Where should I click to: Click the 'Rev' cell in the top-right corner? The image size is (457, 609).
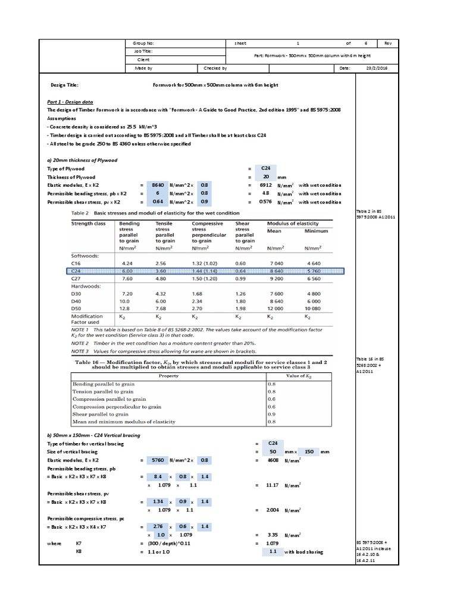pyautogui.click(x=387, y=43)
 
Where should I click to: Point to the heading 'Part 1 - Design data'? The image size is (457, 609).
pyautogui.click(x=70, y=102)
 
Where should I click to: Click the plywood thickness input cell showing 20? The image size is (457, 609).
pyautogui.click(x=266, y=177)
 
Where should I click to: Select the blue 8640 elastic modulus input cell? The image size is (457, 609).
pyautogui.click(x=158, y=185)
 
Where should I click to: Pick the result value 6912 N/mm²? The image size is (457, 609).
pyautogui.click(x=267, y=185)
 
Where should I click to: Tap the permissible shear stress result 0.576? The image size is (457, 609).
pyautogui.click(x=266, y=202)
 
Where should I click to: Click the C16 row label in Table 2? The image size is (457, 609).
pyautogui.click(x=76, y=262)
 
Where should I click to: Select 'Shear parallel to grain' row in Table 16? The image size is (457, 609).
pyautogui.click(x=99, y=414)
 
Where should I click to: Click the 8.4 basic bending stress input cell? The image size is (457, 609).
pyautogui.click(x=158, y=476)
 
